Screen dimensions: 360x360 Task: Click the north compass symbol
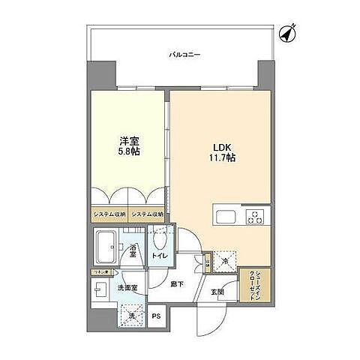[287, 34]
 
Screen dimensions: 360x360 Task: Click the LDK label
[218, 148]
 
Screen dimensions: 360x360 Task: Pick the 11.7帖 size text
[218, 159]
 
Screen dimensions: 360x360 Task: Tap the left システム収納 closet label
[109, 214]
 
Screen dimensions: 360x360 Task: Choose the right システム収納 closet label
[148, 214]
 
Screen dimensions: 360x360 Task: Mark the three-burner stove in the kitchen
[256, 218]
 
